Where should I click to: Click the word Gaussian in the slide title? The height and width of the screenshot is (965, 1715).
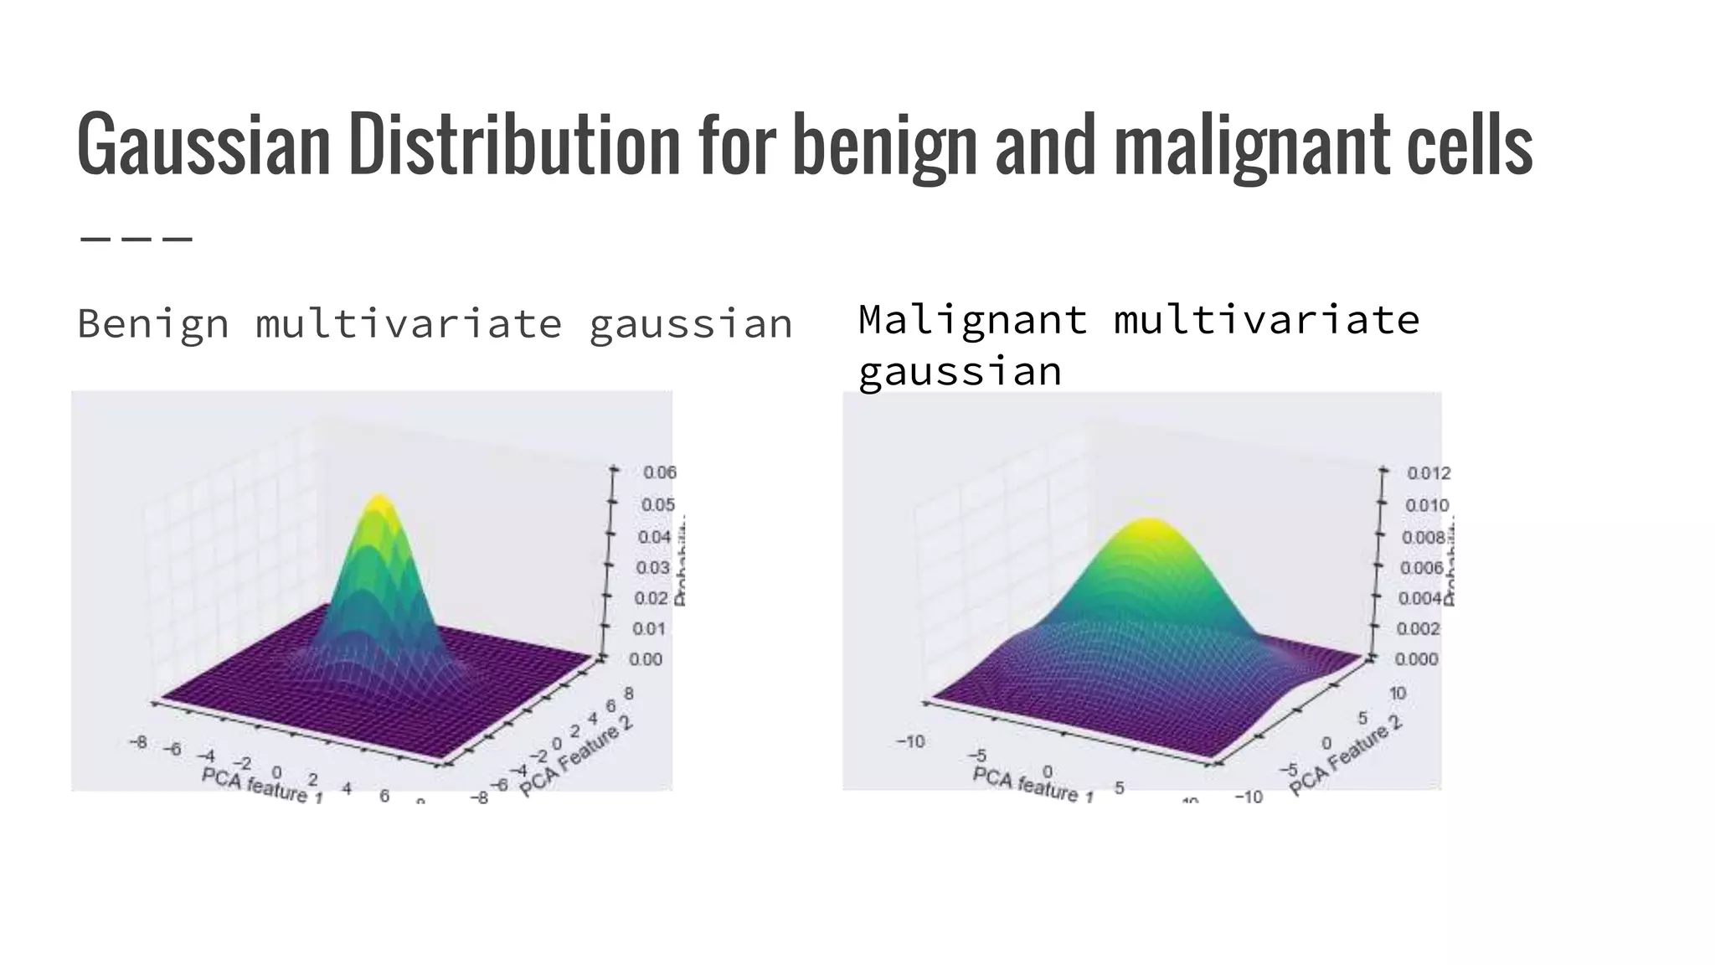(203, 144)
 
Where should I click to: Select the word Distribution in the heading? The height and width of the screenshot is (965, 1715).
(514, 144)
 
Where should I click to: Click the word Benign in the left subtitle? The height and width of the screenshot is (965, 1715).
(153, 324)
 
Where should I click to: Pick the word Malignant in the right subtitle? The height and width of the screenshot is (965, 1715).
(973, 320)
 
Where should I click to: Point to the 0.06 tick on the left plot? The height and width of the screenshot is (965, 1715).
(659, 472)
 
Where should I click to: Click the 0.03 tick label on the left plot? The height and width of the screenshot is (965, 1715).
(652, 568)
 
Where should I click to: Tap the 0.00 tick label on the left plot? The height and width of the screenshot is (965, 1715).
(646, 659)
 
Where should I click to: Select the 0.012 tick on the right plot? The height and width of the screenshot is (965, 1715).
(1429, 473)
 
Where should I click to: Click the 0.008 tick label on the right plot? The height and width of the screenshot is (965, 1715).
(1424, 537)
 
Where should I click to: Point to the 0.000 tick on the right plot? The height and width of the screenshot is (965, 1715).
(1416, 659)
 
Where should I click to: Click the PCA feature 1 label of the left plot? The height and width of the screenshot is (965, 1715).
(262, 787)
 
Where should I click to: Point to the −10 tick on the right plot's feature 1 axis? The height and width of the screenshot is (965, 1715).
(910, 741)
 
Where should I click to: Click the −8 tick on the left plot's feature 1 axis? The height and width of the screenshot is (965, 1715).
(139, 741)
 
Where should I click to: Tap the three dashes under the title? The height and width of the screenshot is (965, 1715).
(136, 239)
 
